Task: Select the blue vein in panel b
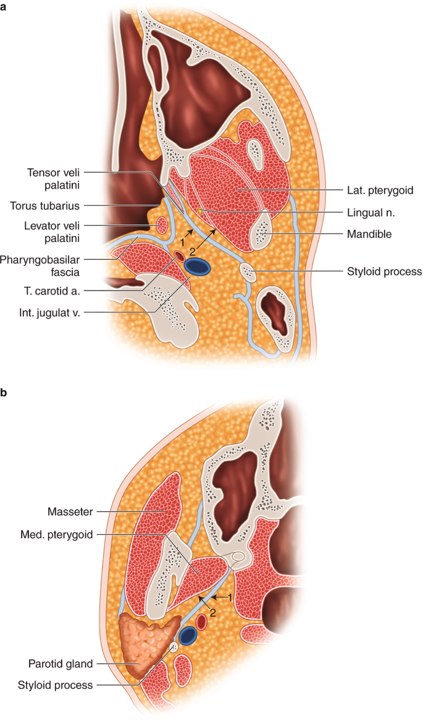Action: (188, 634)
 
